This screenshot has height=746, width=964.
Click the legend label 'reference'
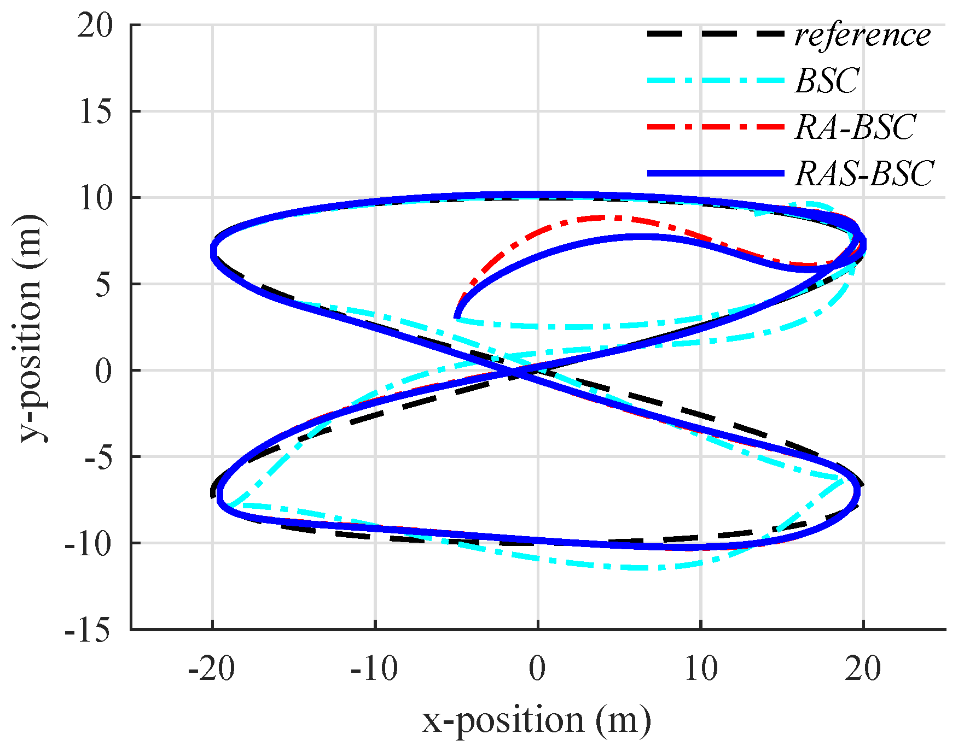pyautogui.click(x=862, y=36)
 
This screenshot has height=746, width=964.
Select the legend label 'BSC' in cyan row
pyautogui.click(x=827, y=81)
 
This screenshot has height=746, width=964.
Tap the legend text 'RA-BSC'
pyautogui.click(x=855, y=127)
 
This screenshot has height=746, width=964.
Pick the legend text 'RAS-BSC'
pyautogui.click(x=864, y=174)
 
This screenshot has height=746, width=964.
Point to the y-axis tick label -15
pyautogui.click(x=88, y=630)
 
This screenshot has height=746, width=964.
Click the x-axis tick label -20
pyautogui.click(x=212, y=668)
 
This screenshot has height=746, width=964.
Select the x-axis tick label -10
pyautogui.click(x=375, y=668)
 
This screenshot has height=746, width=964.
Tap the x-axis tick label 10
pyautogui.click(x=701, y=668)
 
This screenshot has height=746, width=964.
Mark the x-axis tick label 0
pyautogui.click(x=538, y=668)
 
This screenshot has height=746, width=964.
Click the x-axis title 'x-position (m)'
pyautogui.click(x=537, y=720)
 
